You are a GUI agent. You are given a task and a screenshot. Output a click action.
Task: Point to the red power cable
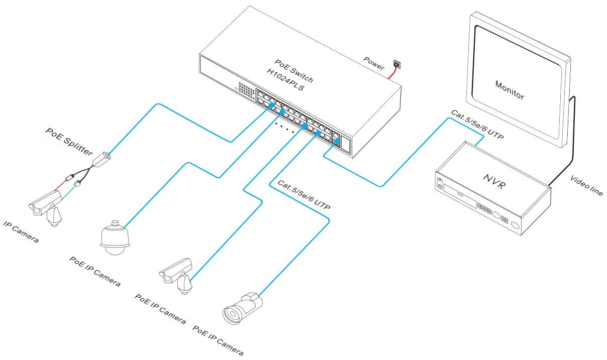click(x=391, y=74)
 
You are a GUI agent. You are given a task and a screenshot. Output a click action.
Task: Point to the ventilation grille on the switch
click(x=246, y=90)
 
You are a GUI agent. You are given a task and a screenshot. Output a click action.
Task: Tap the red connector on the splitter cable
click(x=70, y=177)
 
